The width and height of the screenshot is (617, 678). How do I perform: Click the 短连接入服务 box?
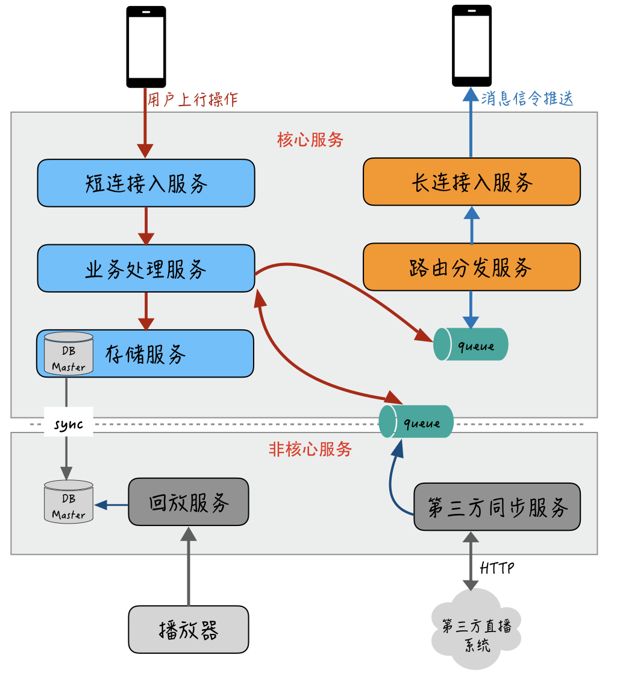point(146,183)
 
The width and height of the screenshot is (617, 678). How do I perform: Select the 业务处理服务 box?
point(146,268)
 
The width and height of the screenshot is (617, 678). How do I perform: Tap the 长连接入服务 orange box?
point(472,182)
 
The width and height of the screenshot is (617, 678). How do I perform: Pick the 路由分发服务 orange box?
point(472,267)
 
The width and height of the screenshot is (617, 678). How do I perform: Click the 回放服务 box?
point(189,502)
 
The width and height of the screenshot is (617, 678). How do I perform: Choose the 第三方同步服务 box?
point(497,507)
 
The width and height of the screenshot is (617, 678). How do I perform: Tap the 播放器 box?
point(189,629)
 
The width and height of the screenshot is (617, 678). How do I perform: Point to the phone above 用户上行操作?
point(146,46)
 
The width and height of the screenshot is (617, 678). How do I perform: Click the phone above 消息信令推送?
point(472,45)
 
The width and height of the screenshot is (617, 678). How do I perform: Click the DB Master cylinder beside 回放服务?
point(69,502)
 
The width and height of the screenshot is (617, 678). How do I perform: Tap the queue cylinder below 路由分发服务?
point(472,344)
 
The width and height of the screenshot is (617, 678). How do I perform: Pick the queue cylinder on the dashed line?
point(416,422)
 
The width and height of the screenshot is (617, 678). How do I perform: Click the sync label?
point(68,424)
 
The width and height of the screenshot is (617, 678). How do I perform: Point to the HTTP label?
point(497,568)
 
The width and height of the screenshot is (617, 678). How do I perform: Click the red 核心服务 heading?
point(310,140)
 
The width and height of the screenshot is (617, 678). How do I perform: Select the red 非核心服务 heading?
point(310,449)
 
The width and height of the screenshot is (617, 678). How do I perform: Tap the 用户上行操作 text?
point(193,100)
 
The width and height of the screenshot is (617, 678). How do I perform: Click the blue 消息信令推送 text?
point(527,98)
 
